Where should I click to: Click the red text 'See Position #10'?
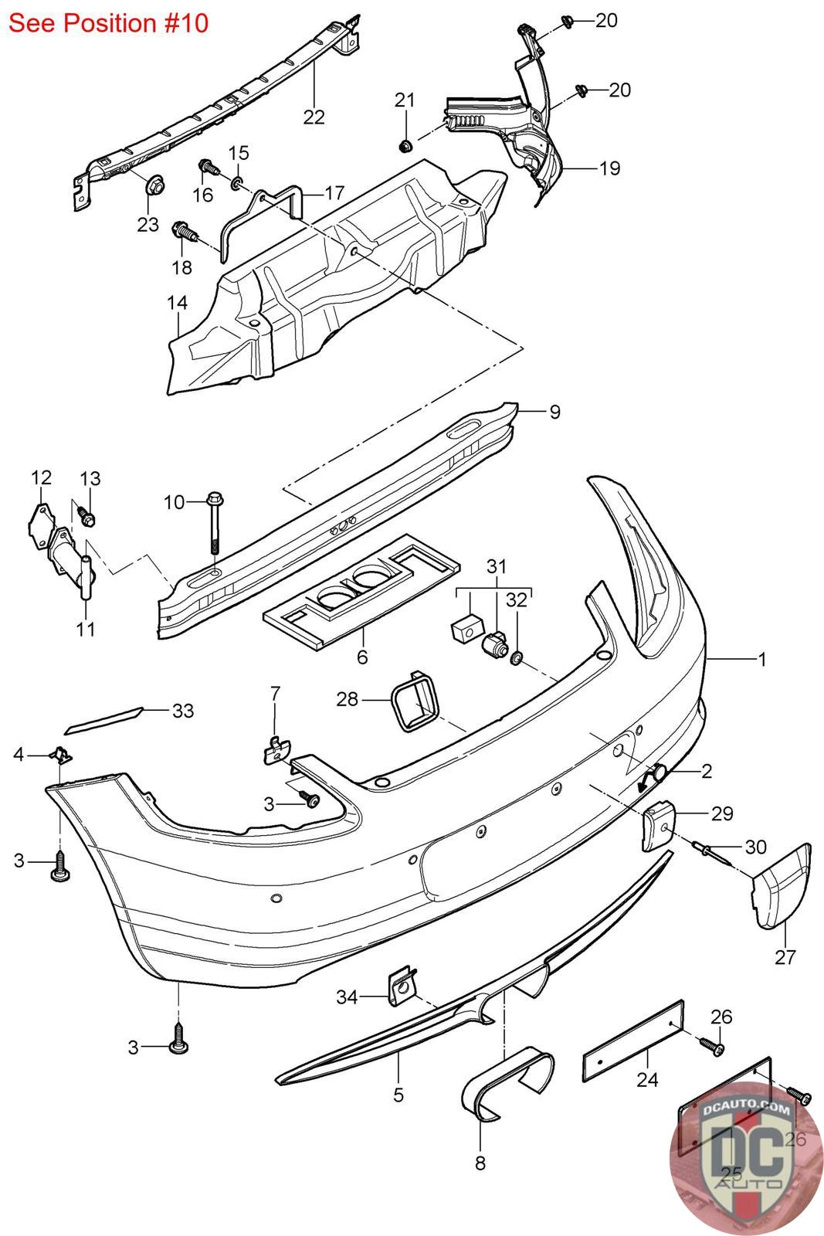[x=109, y=23]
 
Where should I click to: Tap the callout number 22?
[x=314, y=117]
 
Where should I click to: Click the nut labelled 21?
[x=405, y=145]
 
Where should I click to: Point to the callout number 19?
[x=609, y=168]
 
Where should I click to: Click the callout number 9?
[x=554, y=412]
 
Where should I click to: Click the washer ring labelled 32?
[x=517, y=658]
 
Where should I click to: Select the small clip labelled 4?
[x=59, y=754]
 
